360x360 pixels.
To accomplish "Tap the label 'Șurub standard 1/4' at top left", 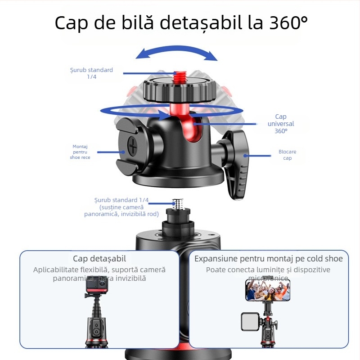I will pyautogui.click(x=91, y=73).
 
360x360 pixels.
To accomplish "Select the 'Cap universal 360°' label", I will pyautogui.click(x=281, y=124).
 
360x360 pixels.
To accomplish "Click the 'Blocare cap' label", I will pyautogui.click(x=287, y=155).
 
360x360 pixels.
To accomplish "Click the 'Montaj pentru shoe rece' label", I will pyautogui.click(x=80, y=152).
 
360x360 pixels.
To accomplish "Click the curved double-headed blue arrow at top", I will pyautogui.click(x=177, y=50).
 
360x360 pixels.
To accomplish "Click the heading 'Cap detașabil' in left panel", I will pyautogui.click(x=99, y=258).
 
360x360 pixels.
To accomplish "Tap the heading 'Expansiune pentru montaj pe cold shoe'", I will pyautogui.click(x=268, y=258).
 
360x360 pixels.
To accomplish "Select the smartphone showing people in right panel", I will pyautogui.click(x=267, y=289).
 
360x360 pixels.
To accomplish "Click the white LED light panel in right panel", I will pyautogui.click(x=250, y=322).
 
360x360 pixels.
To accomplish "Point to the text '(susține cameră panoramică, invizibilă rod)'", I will pyautogui.click(x=121, y=210).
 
